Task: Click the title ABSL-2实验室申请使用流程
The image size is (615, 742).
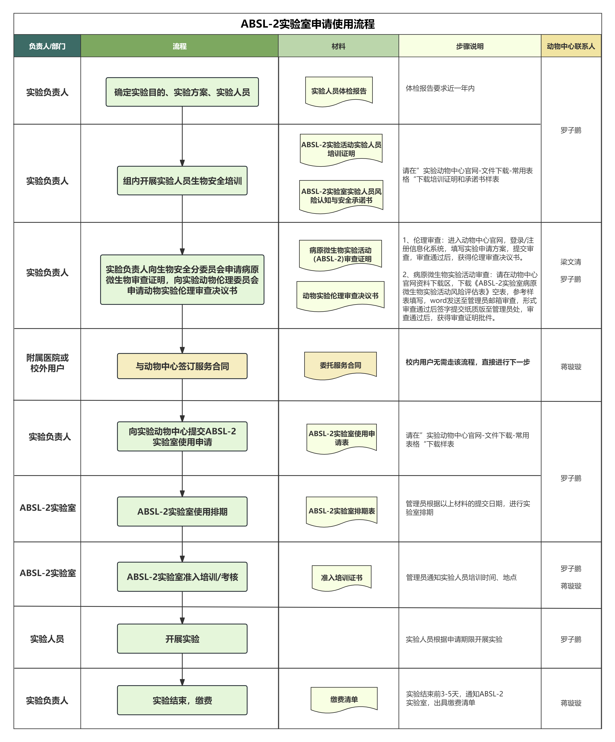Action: tap(307, 24)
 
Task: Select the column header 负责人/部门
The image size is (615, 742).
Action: tap(47, 46)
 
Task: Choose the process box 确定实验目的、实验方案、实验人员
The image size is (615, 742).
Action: tap(182, 92)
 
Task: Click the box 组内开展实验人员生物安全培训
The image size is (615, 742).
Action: tap(182, 181)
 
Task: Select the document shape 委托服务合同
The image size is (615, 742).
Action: tap(340, 365)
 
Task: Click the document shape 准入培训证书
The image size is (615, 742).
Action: tap(341, 577)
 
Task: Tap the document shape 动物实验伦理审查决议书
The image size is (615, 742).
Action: tap(340, 295)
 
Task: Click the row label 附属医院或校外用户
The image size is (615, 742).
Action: tap(47, 363)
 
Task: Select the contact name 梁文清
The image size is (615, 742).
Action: tap(570, 262)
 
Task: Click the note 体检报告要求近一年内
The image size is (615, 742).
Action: tap(440, 88)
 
